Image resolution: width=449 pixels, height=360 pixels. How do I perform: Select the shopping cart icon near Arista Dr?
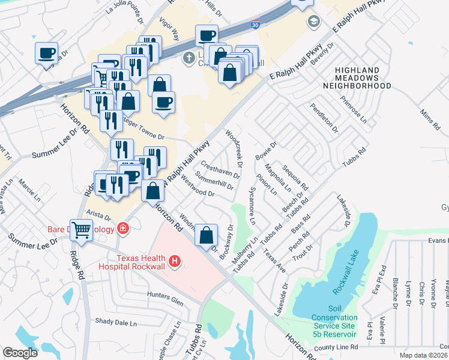click(82, 229)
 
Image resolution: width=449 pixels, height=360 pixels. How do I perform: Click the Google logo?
click(20, 353)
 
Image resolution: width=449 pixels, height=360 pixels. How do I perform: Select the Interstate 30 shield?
click(255, 25)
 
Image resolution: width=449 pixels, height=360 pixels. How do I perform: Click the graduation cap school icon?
click(313, 22)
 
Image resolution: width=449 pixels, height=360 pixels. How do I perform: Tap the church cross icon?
click(188, 58)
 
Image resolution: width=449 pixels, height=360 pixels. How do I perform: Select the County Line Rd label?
click(336, 347)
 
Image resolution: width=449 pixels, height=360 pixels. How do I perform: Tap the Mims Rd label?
click(430, 121)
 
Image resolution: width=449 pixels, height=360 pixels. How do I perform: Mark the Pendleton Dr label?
click(324, 118)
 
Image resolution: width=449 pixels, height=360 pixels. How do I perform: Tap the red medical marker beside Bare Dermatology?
click(123, 228)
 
